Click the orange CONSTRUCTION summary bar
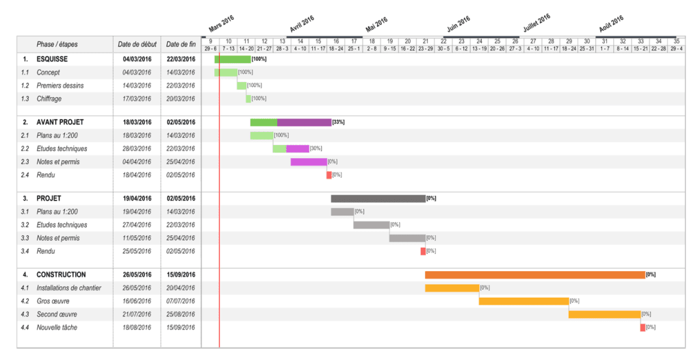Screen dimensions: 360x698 click(x=534, y=274)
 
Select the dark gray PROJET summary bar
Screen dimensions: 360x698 click(x=378, y=198)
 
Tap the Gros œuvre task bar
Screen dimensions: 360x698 click(x=523, y=301)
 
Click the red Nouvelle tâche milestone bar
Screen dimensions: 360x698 click(x=643, y=327)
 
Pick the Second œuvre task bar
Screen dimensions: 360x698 click(x=604, y=314)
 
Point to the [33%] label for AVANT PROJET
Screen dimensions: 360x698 click(x=338, y=123)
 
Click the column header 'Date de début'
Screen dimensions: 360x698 click(x=137, y=44)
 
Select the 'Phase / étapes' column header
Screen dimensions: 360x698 click(x=57, y=44)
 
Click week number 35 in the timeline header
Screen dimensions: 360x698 click(x=676, y=41)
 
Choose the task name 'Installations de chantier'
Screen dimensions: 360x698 click(x=66, y=288)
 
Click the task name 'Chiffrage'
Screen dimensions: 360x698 click(x=49, y=99)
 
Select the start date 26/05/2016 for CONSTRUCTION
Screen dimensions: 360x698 click(x=137, y=274)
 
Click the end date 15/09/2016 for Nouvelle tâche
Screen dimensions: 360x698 click(x=181, y=328)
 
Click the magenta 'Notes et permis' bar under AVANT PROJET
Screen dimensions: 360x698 click(x=309, y=162)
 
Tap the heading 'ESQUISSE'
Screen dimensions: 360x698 click(x=52, y=59)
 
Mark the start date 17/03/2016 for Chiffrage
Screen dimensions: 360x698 click(x=137, y=99)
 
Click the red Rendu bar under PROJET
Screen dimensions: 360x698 click(x=423, y=251)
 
